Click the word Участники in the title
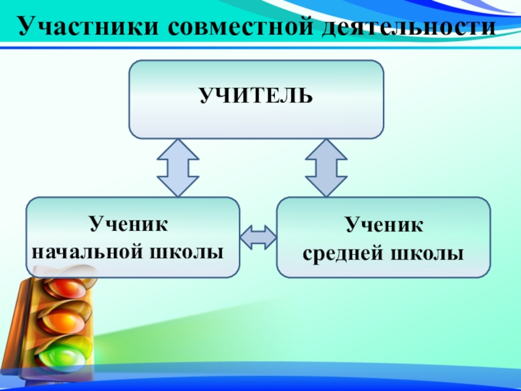click(85, 27)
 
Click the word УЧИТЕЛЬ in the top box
click(256, 98)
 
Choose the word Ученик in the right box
click(384, 226)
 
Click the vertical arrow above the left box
click(178, 167)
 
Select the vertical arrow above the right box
click(326, 167)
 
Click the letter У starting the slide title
click(24, 27)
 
